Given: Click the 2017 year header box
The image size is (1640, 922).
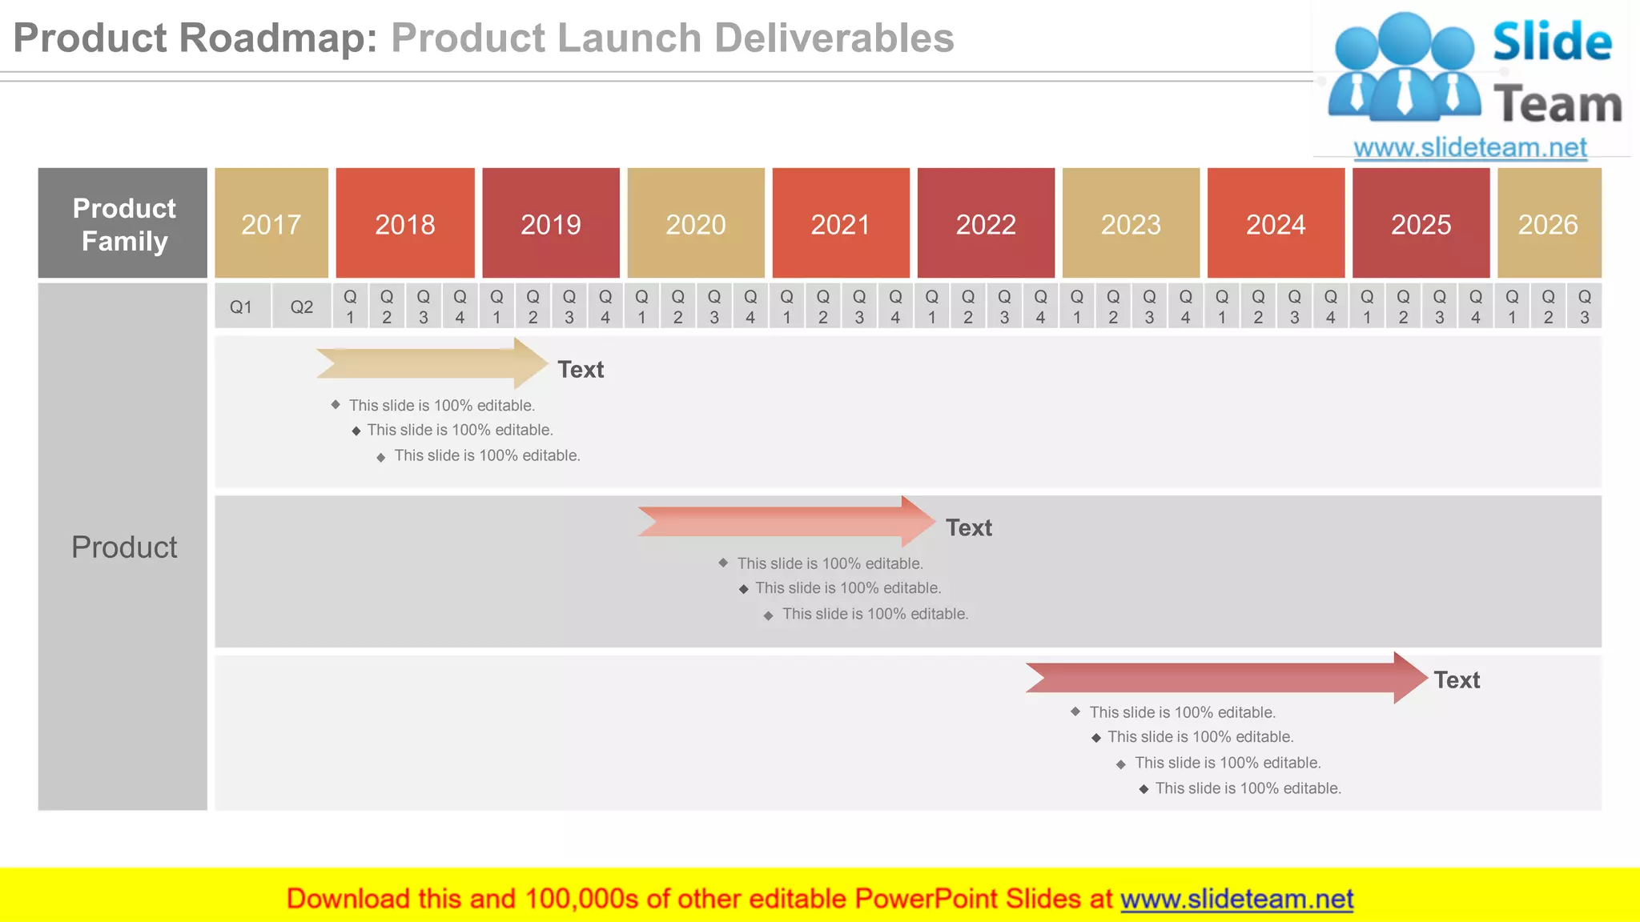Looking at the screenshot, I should pyautogui.click(x=271, y=223).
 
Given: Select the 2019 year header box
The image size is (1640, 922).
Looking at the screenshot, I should pyautogui.click(x=551, y=223).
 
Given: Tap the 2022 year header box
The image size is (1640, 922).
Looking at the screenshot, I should pyautogui.click(x=986, y=223).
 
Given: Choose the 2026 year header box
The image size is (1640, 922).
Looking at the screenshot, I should pyautogui.click(x=1549, y=223).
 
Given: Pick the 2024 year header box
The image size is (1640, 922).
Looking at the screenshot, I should pyautogui.click(x=1276, y=223).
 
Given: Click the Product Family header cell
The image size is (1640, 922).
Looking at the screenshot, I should pyautogui.click(x=123, y=224).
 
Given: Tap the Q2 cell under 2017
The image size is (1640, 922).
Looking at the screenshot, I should pyautogui.click(x=302, y=307).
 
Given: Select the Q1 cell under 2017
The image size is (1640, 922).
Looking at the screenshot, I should pyautogui.click(x=241, y=307).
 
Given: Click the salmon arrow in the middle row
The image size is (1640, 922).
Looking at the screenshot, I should pyautogui.click(x=785, y=522).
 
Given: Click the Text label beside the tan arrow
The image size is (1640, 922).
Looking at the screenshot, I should pyautogui.click(x=581, y=370).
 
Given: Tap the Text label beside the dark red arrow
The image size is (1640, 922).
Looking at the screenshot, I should pyautogui.click(x=1457, y=680).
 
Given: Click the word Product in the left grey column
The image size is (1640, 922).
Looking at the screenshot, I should pyautogui.click(x=124, y=547).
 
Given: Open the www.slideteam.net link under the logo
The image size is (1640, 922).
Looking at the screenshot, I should pyautogui.click(x=1470, y=148).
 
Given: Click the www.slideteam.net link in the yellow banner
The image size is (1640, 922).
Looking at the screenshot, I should pyautogui.click(x=1236, y=899).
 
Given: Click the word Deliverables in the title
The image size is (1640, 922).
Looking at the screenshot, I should pyautogui.click(x=834, y=38).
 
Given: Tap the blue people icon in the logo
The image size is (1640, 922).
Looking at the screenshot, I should pyautogui.click(x=1404, y=68).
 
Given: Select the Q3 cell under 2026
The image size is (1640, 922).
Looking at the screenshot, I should pyautogui.click(x=1584, y=307).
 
